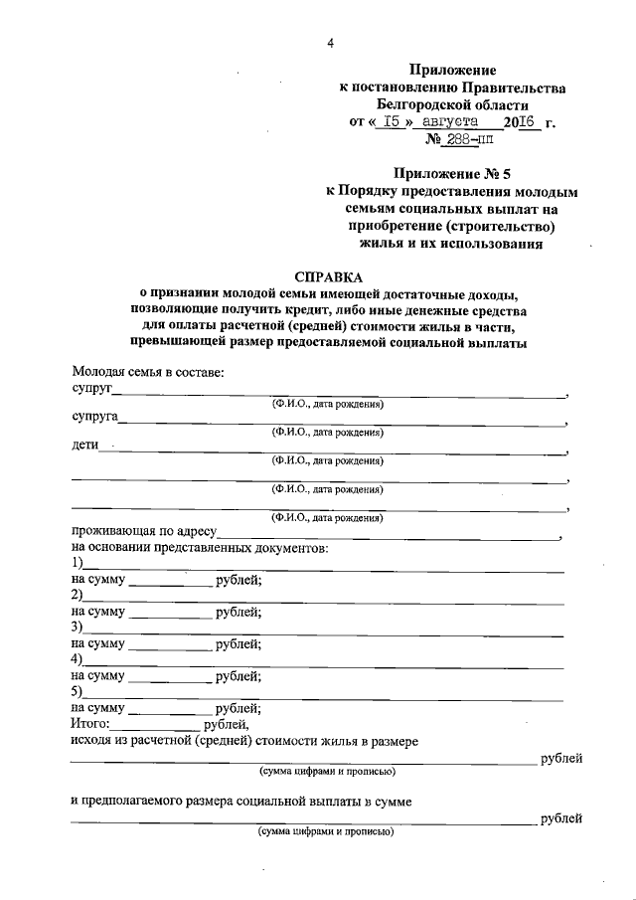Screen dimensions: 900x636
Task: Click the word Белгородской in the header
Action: pos(425,104)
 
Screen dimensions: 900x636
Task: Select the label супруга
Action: pos(94,417)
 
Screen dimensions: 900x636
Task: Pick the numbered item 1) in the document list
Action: pos(77,564)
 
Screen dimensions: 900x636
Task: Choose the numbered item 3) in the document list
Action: pos(77,628)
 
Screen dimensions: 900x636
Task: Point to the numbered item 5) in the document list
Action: pos(77,691)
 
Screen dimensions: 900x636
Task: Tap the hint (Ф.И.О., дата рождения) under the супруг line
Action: pos(328,405)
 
